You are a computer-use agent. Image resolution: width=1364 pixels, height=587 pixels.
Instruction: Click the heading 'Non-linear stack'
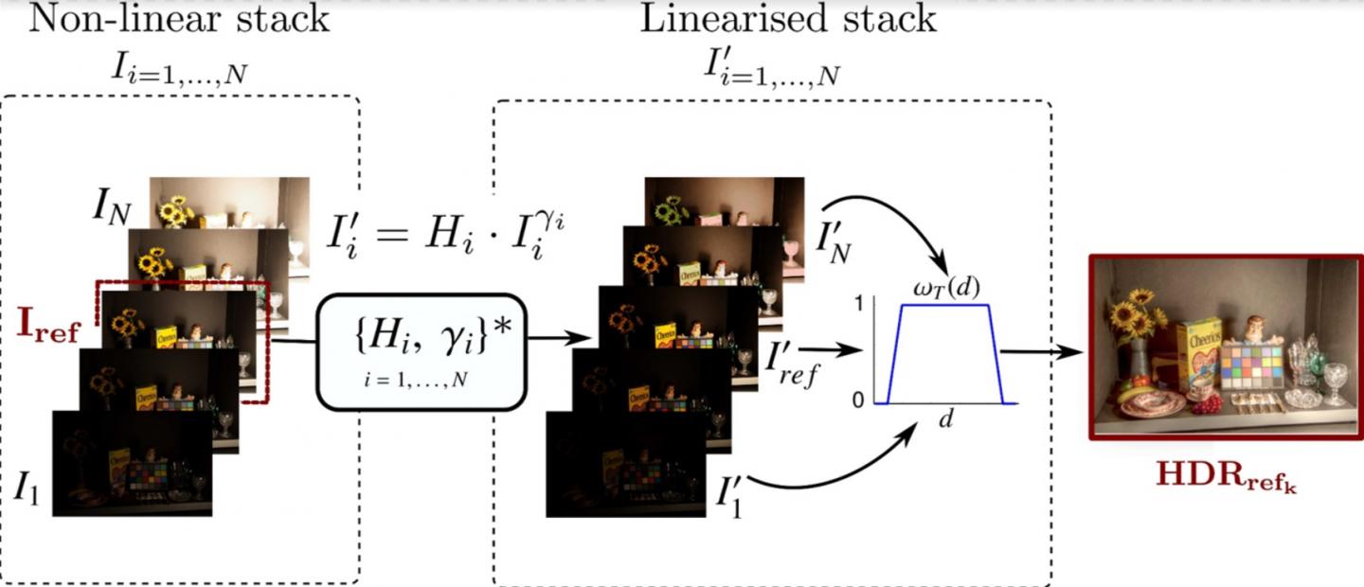click(x=179, y=18)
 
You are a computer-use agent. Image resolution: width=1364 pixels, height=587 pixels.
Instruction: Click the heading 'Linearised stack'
click(x=788, y=18)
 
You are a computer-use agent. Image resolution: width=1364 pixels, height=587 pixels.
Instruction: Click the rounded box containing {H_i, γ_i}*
click(x=421, y=352)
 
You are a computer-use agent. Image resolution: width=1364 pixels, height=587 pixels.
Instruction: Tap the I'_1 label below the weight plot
click(x=730, y=493)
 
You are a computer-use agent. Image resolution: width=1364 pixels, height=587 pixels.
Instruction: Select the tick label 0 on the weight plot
click(x=858, y=400)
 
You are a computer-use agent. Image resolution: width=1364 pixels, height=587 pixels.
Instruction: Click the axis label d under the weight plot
click(x=944, y=419)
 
